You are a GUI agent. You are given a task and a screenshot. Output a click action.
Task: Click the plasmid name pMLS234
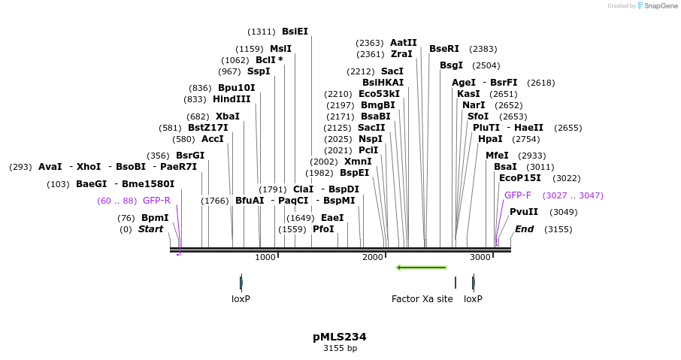pos(340,337)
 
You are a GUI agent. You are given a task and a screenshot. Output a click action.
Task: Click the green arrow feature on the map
pos(421,267)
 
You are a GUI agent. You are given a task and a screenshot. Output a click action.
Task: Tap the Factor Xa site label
pos(422,298)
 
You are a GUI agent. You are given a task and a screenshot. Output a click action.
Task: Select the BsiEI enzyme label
pos(295,32)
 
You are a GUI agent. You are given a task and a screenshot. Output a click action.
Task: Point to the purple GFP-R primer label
pos(156,201)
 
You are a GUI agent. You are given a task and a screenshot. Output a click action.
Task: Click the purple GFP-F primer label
pos(517,195)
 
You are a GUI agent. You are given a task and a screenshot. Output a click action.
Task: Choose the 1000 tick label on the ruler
pos(265,257)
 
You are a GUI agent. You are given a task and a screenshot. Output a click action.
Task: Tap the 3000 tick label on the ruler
pos(480,257)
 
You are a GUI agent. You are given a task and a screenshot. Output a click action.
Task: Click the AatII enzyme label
pos(403,43)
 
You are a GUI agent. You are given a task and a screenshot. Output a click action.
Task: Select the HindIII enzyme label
pos(232,99)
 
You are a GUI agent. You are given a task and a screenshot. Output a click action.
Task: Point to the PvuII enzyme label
pos(524,212)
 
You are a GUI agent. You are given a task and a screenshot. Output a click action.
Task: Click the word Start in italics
pos(150,229)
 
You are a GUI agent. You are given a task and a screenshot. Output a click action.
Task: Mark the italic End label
pos(524,229)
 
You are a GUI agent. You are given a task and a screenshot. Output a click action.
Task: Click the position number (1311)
pos(262,32)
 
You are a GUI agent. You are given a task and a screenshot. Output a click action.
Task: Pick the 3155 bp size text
pos(340,348)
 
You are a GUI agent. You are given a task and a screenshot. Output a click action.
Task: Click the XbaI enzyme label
pos(228,116)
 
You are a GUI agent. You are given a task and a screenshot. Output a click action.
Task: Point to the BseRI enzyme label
pos(444,49)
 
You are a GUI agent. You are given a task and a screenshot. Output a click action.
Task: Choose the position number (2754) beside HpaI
pos(526,139)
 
